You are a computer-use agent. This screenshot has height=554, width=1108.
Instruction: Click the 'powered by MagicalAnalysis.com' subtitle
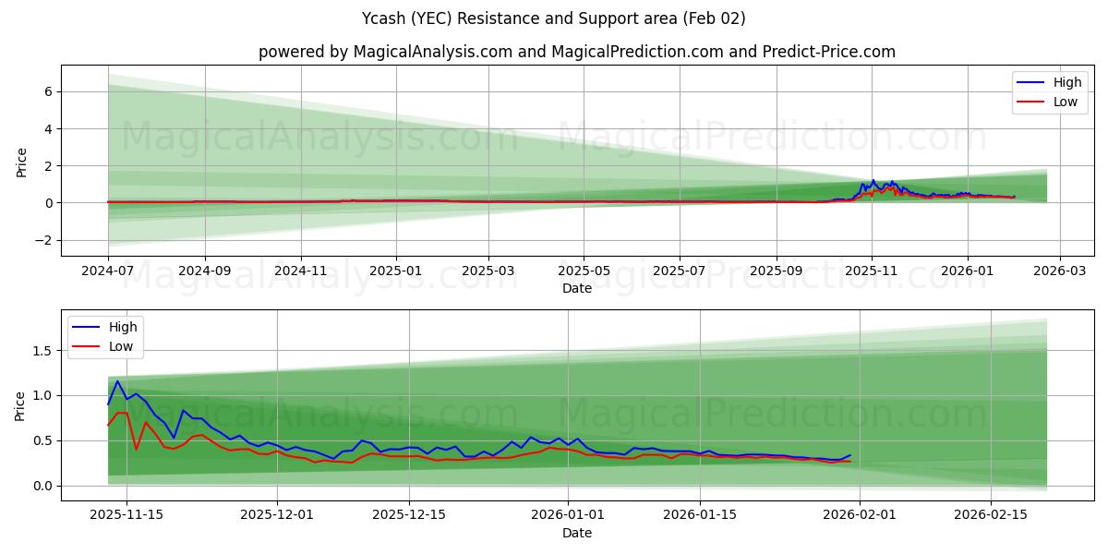[x=576, y=52]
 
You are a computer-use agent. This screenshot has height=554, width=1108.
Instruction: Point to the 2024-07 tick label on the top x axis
[x=108, y=271]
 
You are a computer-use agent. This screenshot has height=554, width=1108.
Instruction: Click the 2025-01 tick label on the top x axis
[x=397, y=271]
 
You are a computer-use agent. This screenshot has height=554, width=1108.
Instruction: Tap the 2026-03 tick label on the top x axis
[x=1059, y=271]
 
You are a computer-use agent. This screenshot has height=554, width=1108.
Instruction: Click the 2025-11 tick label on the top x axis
[x=872, y=271]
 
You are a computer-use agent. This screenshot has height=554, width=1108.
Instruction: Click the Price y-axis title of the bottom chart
[x=20, y=404]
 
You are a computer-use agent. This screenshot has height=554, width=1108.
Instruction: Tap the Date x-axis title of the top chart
[x=576, y=289]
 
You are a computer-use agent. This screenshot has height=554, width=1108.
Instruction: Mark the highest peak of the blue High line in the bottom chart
[x=117, y=380]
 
